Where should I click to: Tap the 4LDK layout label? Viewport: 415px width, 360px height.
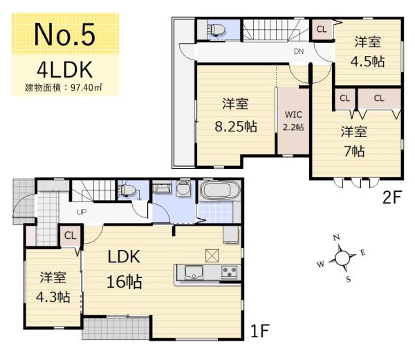tap(64, 71)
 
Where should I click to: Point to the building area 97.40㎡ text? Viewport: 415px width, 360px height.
tap(64, 88)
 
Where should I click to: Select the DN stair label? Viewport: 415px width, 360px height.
tap(299, 52)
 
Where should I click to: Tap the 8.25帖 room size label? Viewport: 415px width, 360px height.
tap(235, 127)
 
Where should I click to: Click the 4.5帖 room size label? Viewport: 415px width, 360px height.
tap(367, 60)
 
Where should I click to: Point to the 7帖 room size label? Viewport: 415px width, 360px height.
tap(353, 150)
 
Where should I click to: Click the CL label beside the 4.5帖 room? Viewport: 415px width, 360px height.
tap(322, 28)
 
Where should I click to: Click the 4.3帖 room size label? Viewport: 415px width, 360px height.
tap(54, 297)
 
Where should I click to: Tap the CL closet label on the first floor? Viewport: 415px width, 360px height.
tap(71, 235)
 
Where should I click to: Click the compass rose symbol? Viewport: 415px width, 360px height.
tap(342, 258)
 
